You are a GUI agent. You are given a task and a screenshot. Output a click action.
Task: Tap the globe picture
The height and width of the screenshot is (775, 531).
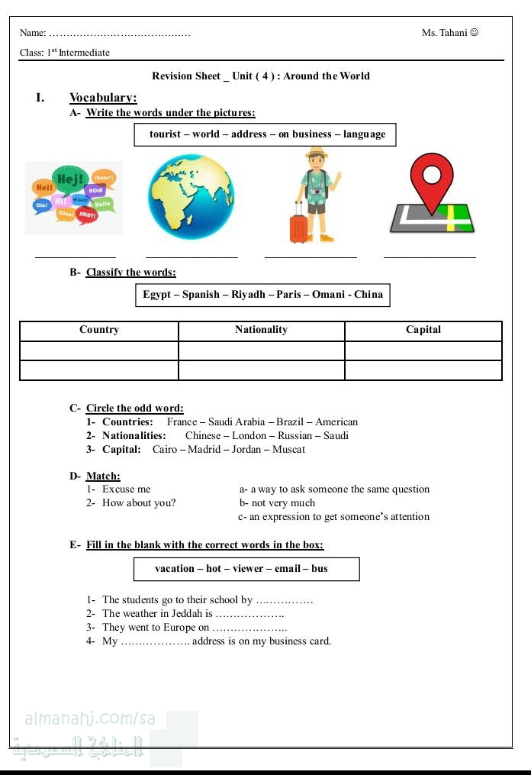click(x=191, y=196)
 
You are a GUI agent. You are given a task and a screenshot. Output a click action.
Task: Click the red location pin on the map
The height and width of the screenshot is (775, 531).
click(x=432, y=181)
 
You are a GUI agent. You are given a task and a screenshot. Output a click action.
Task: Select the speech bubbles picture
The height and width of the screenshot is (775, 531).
click(x=74, y=198)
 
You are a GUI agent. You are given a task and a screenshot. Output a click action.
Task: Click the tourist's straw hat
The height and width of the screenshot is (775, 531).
click(x=317, y=154)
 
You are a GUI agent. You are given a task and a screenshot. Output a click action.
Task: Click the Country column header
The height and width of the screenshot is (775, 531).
click(x=99, y=330)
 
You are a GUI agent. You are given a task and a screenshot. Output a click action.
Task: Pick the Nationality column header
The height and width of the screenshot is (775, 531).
click(x=261, y=330)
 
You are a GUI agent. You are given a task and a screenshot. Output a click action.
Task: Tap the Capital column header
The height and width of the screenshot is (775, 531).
click(x=423, y=330)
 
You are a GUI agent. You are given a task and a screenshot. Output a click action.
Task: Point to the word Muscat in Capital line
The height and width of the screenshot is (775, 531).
click(x=288, y=450)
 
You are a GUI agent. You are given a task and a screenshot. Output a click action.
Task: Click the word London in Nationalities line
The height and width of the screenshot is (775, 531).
click(x=249, y=436)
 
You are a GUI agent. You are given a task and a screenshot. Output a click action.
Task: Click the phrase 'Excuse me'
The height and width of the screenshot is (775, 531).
click(x=127, y=489)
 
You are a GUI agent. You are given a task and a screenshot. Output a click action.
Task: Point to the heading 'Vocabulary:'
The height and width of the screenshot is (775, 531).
click(x=103, y=98)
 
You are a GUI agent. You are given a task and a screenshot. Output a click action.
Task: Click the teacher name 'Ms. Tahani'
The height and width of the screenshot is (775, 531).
click(x=445, y=33)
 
